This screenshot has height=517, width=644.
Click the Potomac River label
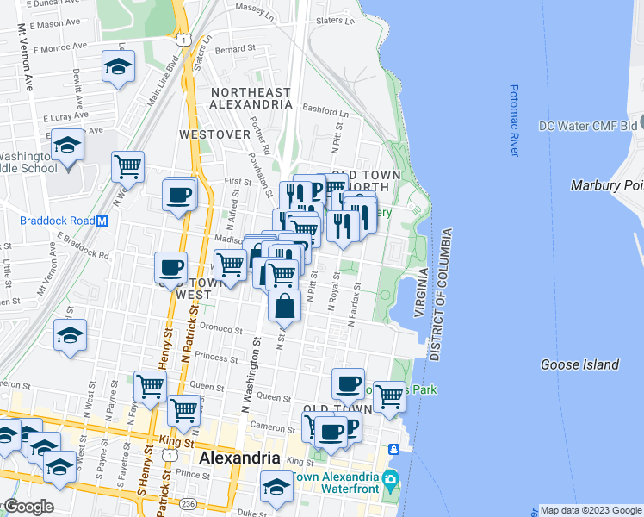point(514,120)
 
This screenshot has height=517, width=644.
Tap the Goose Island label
point(579,364)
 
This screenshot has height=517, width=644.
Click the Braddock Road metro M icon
point(102,221)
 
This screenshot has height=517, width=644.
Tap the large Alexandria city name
point(239,458)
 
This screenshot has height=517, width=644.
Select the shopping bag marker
point(283,306)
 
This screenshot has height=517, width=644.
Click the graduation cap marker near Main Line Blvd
point(118,66)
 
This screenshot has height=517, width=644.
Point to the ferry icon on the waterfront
point(393,449)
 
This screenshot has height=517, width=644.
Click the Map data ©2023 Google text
point(590,510)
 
